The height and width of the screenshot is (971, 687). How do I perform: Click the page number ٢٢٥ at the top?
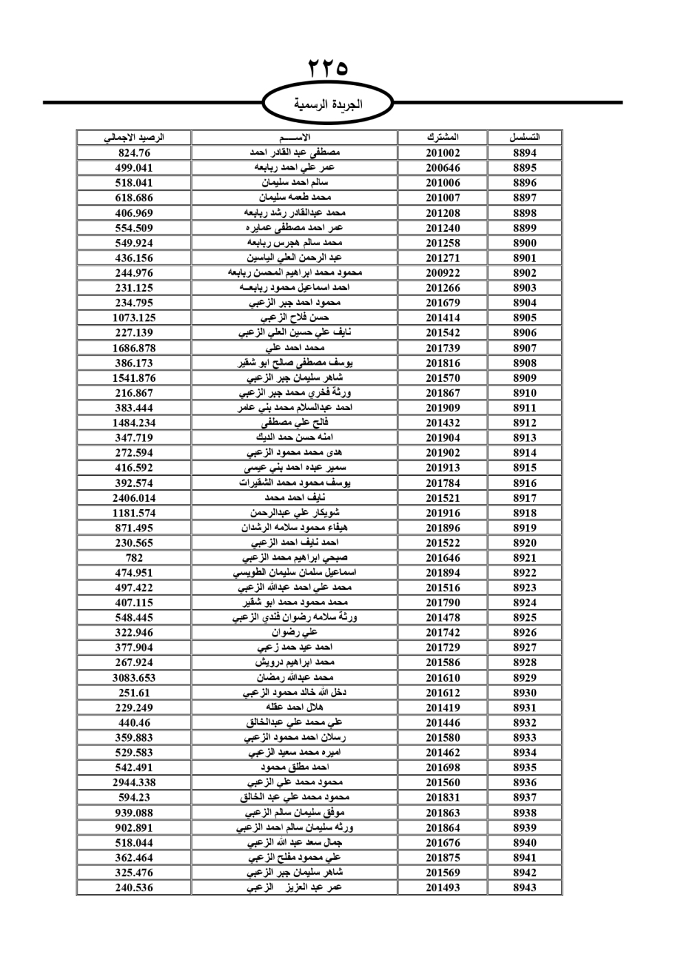328,69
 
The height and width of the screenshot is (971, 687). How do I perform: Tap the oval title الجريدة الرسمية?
328,104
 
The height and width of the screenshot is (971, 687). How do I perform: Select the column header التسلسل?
525,137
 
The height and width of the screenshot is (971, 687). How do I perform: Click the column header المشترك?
442,137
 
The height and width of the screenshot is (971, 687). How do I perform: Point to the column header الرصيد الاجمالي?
134,137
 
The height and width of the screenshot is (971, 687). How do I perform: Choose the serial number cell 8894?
525,153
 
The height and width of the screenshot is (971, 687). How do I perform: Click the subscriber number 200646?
442,168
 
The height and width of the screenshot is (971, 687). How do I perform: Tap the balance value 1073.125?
134,318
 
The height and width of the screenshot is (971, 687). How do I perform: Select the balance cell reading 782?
134,558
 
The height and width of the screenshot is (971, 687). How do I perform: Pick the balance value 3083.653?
134,678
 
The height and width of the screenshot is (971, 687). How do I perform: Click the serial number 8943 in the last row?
525,887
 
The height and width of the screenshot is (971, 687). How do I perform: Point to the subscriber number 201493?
442,887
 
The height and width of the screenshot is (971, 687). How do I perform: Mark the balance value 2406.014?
134,498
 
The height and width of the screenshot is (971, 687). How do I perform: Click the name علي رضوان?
295,632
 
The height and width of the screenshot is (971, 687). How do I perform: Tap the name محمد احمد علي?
295,348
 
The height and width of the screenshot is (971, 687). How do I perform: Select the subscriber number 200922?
442,273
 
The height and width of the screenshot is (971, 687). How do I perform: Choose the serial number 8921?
525,558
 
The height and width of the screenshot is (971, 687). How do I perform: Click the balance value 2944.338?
134,782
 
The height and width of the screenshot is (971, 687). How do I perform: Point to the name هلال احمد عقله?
295,707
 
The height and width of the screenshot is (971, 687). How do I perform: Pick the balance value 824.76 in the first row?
134,153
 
